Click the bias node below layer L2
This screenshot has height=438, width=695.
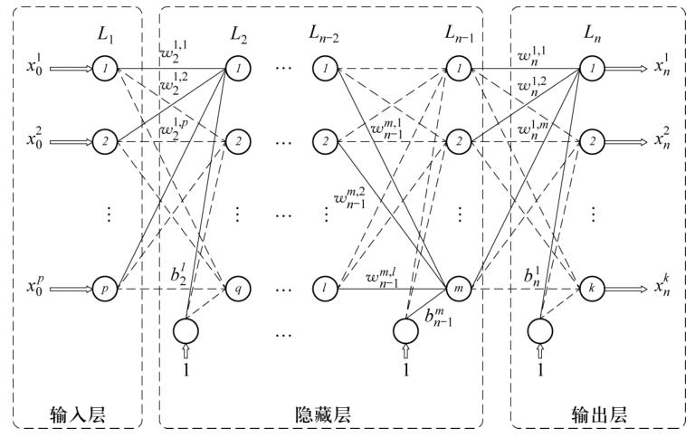(x=185, y=330)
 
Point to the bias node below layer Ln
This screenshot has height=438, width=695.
(x=540, y=330)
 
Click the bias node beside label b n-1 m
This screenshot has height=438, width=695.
(x=406, y=330)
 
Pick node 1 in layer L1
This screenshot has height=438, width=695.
(x=105, y=68)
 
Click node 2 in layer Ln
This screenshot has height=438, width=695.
(x=591, y=141)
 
